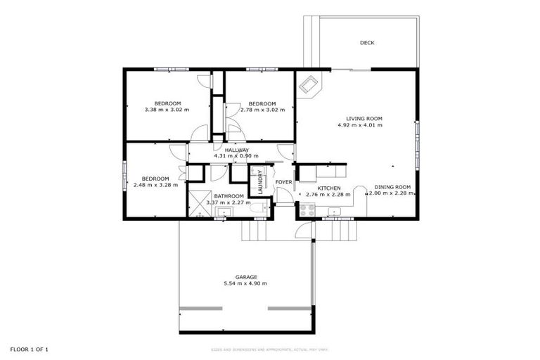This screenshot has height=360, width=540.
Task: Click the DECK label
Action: (367, 43)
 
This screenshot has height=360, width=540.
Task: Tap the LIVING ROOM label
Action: (364, 118)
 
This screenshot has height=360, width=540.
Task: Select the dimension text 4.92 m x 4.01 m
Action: (364, 125)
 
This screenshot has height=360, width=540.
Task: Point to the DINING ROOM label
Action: (392, 187)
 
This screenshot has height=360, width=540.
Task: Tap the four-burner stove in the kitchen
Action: (307, 209)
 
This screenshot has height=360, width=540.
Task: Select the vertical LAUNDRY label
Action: (259, 181)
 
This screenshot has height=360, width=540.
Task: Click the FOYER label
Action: (283, 183)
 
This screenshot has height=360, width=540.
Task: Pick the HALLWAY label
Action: (236, 150)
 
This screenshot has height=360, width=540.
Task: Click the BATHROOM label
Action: (229, 196)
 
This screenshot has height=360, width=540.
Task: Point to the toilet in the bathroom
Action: (261, 206)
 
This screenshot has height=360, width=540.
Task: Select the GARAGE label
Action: (245, 277)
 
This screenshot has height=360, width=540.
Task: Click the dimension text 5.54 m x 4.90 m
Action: (245, 283)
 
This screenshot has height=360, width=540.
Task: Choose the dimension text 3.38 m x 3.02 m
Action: (167, 110)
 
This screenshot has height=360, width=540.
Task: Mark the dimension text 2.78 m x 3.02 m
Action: (262, 110)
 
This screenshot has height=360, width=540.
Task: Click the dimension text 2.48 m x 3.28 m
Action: (155, 185)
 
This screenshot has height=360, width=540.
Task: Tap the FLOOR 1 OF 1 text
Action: (29, 349)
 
